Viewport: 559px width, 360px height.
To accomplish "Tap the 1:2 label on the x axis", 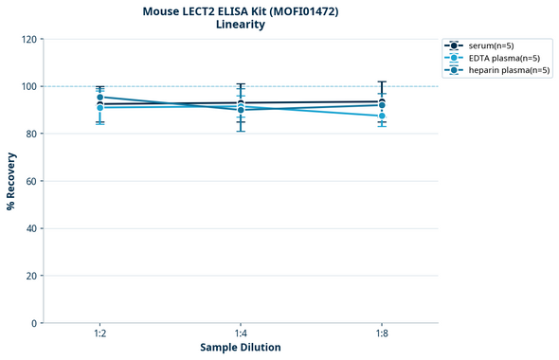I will (99, 334).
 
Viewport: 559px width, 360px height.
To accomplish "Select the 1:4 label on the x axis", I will (241, 334).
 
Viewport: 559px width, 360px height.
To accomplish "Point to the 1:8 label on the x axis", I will (382, 334).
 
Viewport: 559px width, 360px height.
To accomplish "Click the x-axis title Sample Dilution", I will (241, 348).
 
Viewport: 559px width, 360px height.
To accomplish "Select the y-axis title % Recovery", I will (11, 181).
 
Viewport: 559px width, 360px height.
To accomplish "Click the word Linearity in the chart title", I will (241, 25).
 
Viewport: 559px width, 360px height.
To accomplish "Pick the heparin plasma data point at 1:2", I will (99, 98).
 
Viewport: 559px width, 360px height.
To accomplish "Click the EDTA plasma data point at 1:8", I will (382, 116).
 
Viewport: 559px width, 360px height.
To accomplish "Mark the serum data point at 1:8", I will (382, 101).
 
